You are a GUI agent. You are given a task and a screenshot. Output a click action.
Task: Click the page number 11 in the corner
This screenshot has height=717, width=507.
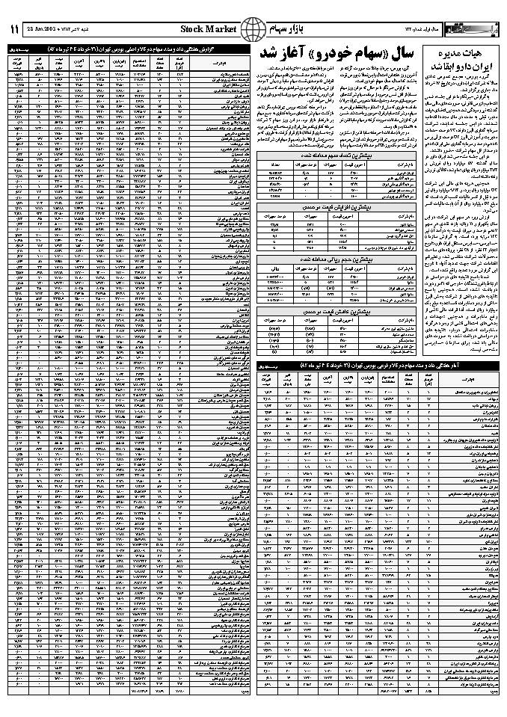[13, 28]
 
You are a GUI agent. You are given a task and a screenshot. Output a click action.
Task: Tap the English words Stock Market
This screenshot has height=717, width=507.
[208, 29]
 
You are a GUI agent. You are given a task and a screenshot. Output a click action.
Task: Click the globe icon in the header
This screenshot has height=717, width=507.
[254, 29]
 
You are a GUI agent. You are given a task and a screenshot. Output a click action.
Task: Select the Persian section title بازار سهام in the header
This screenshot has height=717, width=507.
[292, 29]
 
